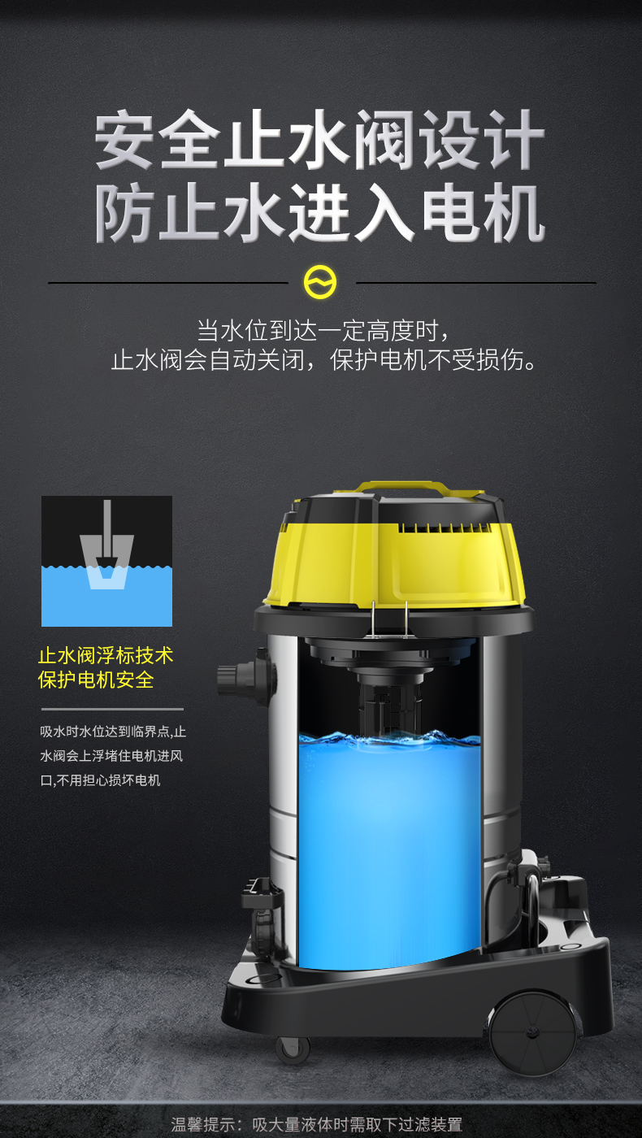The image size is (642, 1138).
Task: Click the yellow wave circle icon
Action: coord(320,282)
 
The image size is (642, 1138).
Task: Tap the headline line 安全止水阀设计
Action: coord(320,139)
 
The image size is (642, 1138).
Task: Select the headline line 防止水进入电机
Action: coord(320,212)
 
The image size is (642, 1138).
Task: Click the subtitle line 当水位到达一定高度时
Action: coord(323,331)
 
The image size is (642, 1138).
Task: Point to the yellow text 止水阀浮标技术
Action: coord(106,655)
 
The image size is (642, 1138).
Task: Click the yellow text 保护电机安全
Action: coord(96,680)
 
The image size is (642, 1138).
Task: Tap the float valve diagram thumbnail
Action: coord(106,561)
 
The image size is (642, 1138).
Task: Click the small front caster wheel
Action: coord(293,1049)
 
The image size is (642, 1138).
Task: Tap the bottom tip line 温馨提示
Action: coord(316,1124)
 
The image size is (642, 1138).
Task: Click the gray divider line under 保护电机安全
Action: coord(112,709)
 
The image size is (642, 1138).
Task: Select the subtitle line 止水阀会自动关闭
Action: coord(323,360)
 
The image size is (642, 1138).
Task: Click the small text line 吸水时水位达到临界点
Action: coord(113,732)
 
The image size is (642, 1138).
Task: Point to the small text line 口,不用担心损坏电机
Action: coord(100,780)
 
